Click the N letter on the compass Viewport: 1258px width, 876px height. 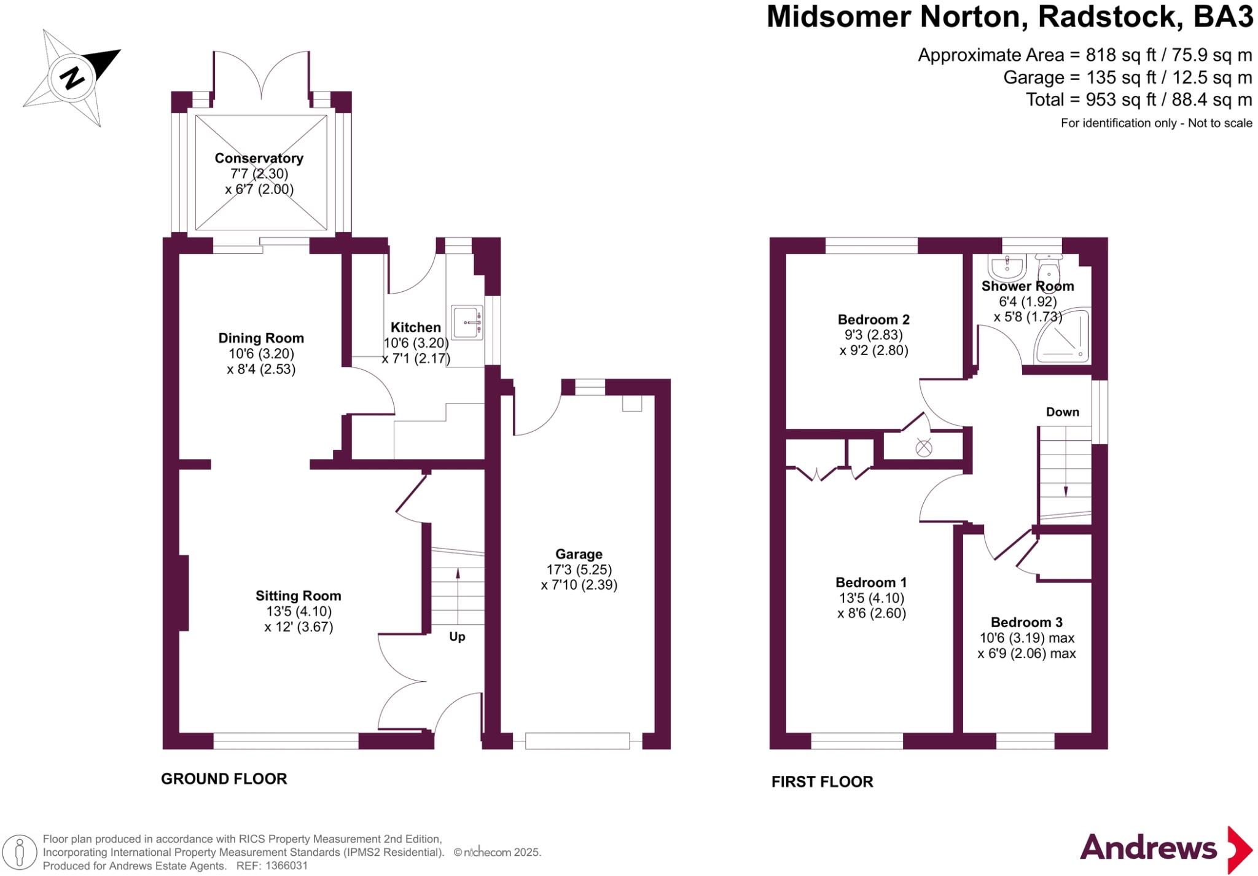pyautogui.click(x=72, y=78)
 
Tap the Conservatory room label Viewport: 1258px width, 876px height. pyautogui.click(x=259, y=158)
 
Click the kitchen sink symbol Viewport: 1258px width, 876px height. pyautogui.click(x=467, y=323)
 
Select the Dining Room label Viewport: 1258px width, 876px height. pyautogui.click(x=261, y=338)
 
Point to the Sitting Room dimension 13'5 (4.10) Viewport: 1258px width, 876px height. pyautogui.click(x=299, y=611)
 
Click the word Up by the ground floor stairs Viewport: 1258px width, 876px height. pyautogui.click(x=457, y=636)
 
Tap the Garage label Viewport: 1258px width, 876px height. pyautogui.click(x=579, y=554)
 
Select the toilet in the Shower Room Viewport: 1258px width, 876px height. pyautogui.click(x=1049, y=267)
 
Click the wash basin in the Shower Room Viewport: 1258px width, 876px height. pyautogui.click(x=1007, y=267)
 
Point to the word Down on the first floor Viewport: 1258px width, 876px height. pyautogui.click(x=1063, y=412)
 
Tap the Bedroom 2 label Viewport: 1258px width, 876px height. pyautogui.click(x=873, y=319)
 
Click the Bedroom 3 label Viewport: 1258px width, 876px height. pyautogui.click(x=1026, y=622)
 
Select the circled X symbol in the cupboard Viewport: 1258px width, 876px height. pyautogui.click(x=923, y=448)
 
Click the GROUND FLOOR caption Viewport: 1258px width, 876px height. pyautogui.click(x=224, y=779)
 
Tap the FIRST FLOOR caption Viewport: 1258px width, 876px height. pyautogui.click(x=822, y=782)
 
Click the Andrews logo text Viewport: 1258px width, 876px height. pyautogui.click(x=1148, y=848)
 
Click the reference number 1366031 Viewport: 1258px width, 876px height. pyautogui.click(x=286, y=866)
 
